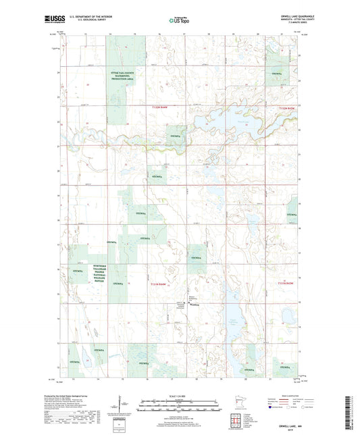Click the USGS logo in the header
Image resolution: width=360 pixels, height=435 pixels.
click(53, 20)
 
